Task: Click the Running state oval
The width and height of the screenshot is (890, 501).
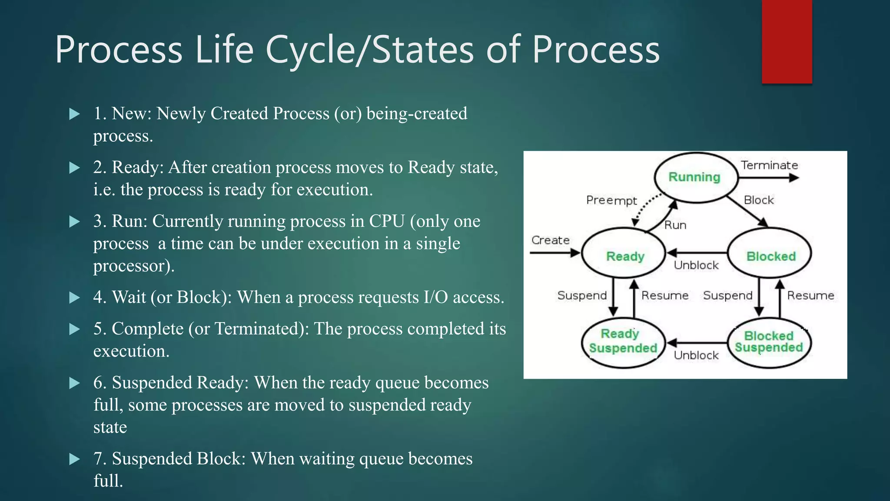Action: pos(696,177)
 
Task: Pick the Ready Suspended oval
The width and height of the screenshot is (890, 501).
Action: pos(624,342)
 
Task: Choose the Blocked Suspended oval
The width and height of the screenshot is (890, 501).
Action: pos(769,342)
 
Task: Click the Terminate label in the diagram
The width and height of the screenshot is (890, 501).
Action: pos(769,165)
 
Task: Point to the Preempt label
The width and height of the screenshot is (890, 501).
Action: pos(611,200)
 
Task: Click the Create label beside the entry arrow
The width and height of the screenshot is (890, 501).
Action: pos(550,240)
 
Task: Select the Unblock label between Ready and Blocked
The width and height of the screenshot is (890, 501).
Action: pos(696,265)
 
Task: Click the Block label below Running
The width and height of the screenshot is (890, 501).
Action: pos(758,200)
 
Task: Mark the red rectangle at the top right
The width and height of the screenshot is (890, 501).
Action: pos(787,41)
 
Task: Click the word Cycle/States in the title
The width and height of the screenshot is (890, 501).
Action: pos(369,50)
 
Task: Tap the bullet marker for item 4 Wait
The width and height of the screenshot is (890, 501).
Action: pos(75,298)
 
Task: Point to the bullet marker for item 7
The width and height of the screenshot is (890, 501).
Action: pos(75,459)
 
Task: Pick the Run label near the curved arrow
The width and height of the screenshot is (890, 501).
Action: pos(675,225)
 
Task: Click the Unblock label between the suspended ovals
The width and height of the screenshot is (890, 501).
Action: pos(696,355)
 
